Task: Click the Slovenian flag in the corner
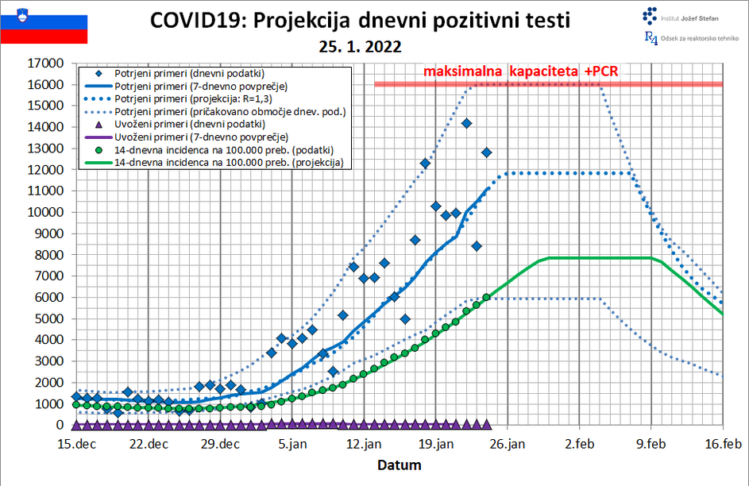(44, 22)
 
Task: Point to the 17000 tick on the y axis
(45, 64)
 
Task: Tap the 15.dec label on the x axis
(76, 444)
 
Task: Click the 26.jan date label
(507, 444)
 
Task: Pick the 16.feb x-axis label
(722, 444)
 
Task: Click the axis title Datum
(399, 465)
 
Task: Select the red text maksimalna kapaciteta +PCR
(520, 71)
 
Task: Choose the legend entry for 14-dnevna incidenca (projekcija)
(229, 162)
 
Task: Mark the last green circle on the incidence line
(486, 297)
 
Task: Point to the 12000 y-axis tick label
(45, 170)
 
